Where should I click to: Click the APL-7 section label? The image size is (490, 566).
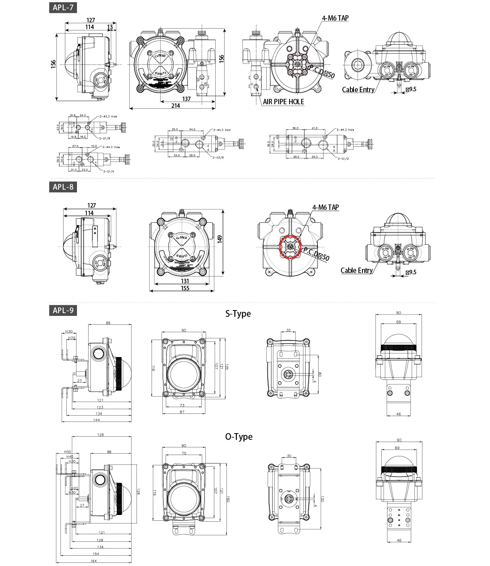click(63, 8)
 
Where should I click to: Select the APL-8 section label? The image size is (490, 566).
click(63, 187)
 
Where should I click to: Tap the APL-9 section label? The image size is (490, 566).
click(63, 311)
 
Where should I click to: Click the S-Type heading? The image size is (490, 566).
click(238, 314)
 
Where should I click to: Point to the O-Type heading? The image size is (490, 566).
click(239, 436)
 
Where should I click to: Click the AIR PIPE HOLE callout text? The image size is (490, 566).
click(283, 102)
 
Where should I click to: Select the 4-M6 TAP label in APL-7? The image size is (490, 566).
click(335, 18)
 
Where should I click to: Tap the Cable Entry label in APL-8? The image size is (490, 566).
click(357, 270)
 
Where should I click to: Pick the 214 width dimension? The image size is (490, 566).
click(175, 106)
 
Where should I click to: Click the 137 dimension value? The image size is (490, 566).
click(187, 99)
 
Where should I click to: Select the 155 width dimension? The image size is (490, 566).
click(185, 288)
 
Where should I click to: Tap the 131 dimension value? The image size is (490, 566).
click(185, 281)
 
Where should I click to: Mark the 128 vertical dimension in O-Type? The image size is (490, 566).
click(138, 491)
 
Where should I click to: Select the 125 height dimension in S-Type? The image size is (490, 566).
click(226, 367)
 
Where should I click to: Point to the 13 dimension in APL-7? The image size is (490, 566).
click(110, 27)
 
